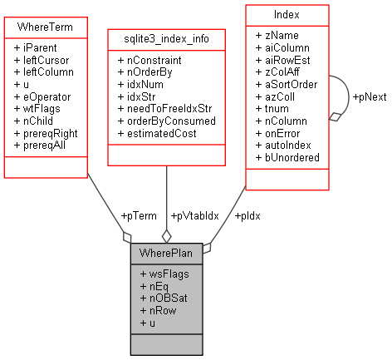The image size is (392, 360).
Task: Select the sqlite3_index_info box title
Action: coord(166,38)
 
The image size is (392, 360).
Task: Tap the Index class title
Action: coord(286,14)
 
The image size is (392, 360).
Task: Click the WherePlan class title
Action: coord(168,253)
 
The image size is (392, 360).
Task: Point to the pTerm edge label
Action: coord(139,215)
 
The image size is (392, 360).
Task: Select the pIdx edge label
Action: coord(247,215)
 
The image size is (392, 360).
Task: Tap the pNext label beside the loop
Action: coord(370,97)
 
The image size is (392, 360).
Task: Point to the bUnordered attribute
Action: coord(287,157)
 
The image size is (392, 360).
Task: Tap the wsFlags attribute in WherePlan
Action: coord(165,274)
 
